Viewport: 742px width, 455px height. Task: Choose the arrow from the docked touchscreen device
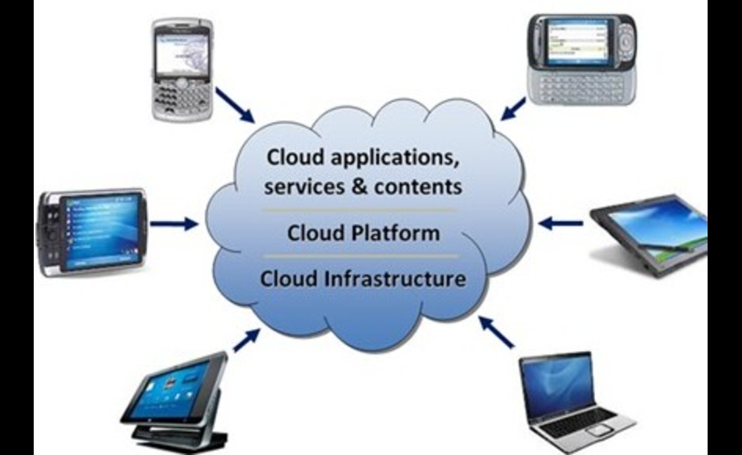point(246,340)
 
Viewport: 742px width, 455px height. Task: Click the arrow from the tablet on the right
point(561,222)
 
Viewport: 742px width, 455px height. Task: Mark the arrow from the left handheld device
point(173,222)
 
